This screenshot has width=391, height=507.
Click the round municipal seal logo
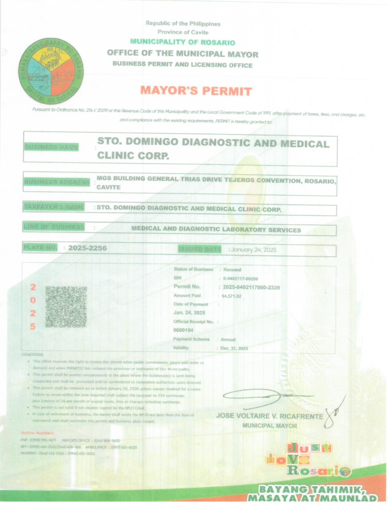coord(51,71)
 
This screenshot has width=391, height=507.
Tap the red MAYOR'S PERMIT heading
coord(196,91)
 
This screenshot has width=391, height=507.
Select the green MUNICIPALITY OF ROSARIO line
coord(183,42)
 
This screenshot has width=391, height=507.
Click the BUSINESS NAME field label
coord(52,147)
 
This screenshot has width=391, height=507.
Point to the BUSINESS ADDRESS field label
coord(57,182)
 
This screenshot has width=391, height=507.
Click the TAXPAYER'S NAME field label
coord(54,207)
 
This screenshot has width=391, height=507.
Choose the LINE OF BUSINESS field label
coord(54,227)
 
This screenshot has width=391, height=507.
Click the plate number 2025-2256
coord(87,248)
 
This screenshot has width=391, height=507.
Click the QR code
coord(66,307)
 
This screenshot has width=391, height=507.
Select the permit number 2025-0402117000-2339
coord(251,288)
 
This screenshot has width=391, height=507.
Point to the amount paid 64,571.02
coord(231,296)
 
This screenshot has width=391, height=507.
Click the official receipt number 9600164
coord(183,330)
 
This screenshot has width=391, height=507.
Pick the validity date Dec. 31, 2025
coord(234,348)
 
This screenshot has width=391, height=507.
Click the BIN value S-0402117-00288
coord(240,279)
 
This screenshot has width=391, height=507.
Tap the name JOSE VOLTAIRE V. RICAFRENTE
coord(270,416)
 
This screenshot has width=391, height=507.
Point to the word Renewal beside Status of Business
coord(232,270)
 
